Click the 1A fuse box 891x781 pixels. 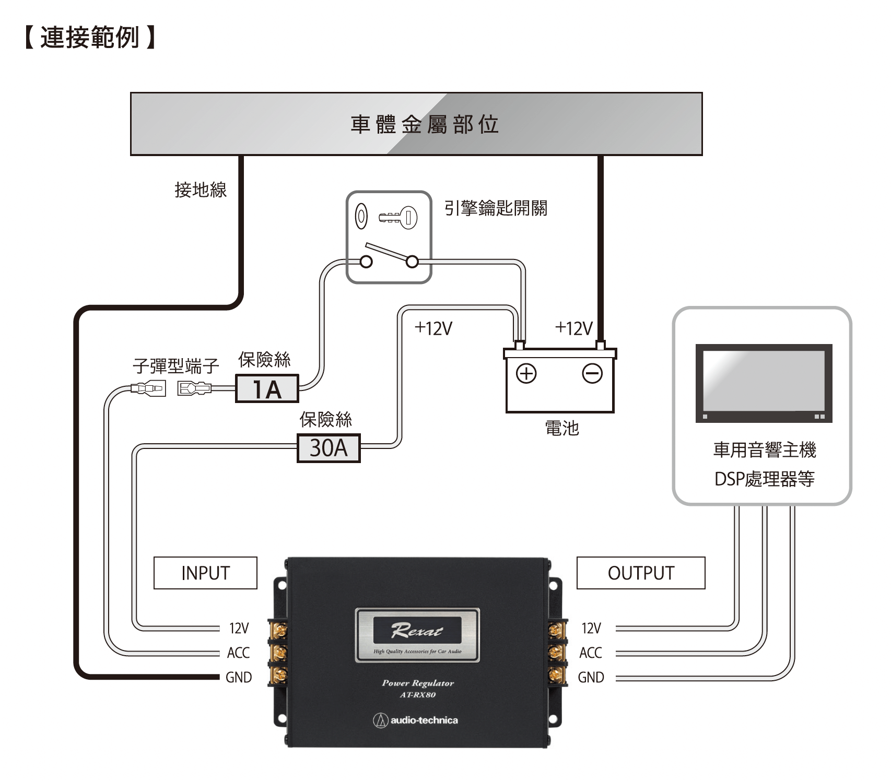267,388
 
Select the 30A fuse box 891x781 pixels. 329,448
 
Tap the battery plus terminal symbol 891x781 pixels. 526,373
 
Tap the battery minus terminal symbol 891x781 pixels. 592,373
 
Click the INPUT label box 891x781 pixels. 205,573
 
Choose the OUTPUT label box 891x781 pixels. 641,573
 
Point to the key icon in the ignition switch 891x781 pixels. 398,216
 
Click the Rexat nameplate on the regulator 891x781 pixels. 417,634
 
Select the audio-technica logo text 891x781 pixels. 424,720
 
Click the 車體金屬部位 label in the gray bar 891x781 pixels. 424,124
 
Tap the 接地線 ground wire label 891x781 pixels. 201,189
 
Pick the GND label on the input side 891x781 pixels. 239,677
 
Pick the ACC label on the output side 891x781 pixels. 590,653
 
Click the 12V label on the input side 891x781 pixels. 239,628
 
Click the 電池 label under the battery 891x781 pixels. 562,428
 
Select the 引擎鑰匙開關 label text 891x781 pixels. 495,208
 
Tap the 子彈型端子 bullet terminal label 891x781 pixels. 175,365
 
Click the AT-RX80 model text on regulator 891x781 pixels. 417,695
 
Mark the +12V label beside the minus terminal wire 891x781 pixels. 573,328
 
